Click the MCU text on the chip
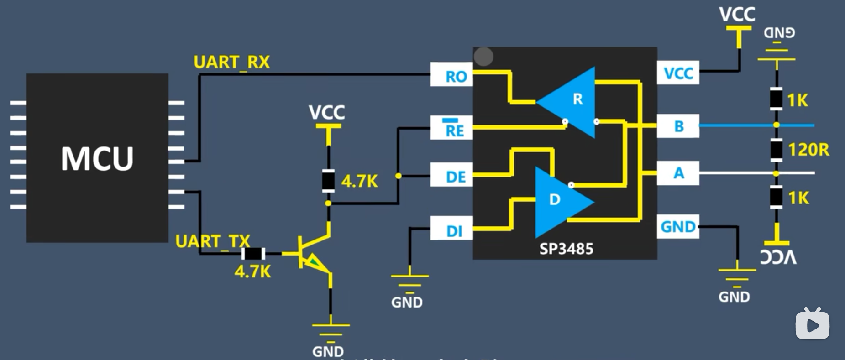click(97, 159)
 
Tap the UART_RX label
click(231, 62)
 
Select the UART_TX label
click(212, 241)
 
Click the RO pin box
click(451, 76)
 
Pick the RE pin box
click(451, 128)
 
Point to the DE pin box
click(451, 176)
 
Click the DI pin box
click(451, 230)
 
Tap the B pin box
click(678, 126)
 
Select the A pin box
click(678, 173)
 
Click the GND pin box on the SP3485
click(678, 226)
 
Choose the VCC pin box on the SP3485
click(678, 73)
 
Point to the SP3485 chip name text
click(566, 249)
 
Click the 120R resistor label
click(808, 150)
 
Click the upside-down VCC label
click(778, 257)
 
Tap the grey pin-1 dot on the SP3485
click(483, 57)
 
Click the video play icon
click(813, 324)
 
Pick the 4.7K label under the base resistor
click(252, 272)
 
